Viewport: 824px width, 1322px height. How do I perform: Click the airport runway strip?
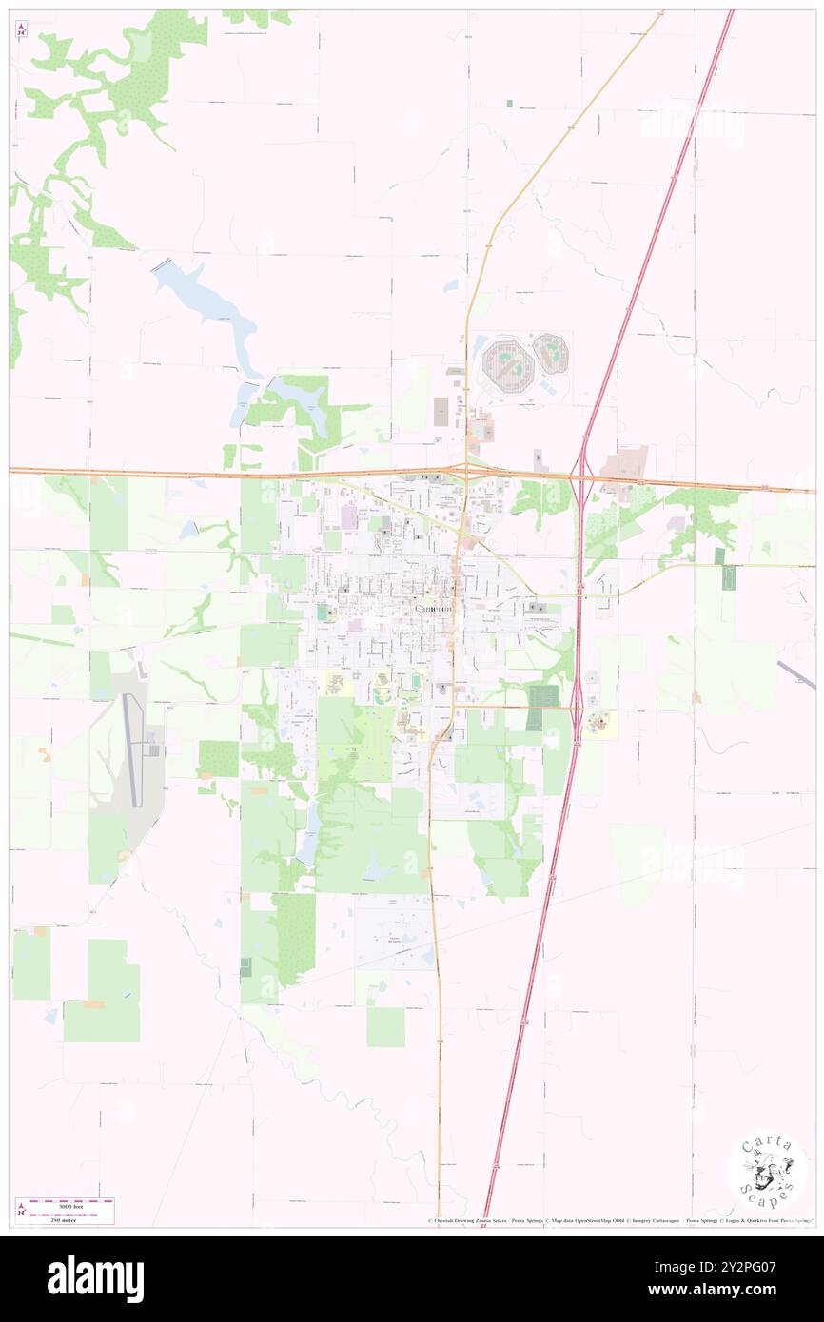pos(133,750)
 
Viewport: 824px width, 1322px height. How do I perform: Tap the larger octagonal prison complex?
pos(507,363)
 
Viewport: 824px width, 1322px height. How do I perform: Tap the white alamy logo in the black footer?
pos(95,1278)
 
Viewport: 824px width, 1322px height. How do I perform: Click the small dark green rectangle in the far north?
pos(509,103)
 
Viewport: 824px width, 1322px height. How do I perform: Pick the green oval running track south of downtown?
pos(415,681)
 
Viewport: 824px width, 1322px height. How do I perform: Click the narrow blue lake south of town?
pos(310,833)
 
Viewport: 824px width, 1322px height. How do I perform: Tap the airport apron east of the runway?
pos(153,749)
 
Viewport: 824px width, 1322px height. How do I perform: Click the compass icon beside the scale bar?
pos(20,1209)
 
